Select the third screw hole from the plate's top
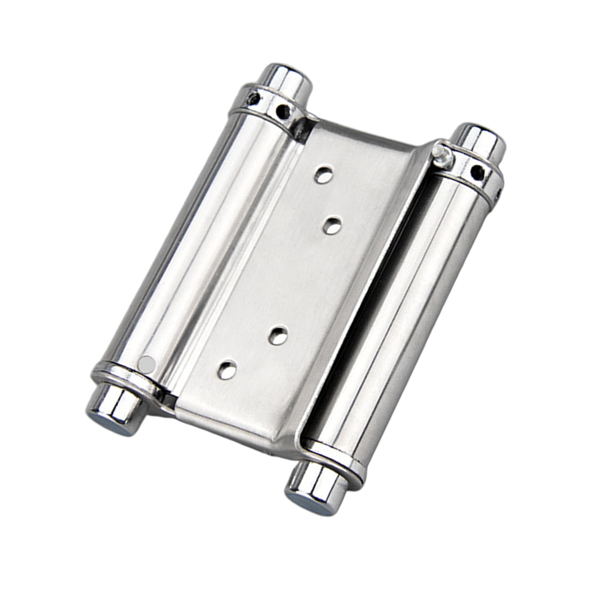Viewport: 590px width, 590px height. [279, 335]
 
